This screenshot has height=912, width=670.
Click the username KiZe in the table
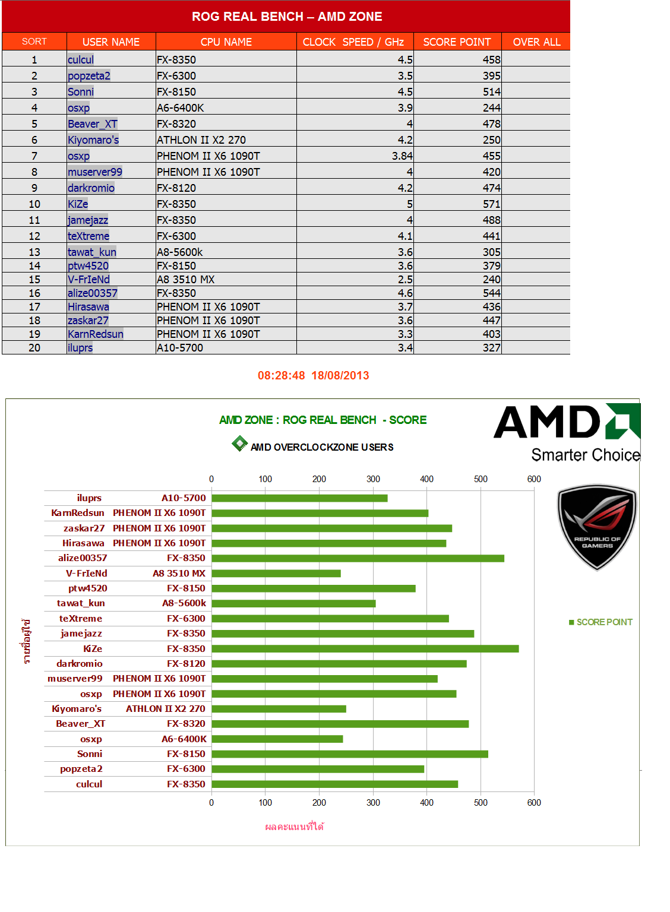point(78,204)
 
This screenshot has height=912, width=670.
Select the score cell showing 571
point(491,204)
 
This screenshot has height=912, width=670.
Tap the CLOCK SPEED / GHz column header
point(353,42)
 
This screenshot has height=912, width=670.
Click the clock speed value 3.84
point(402,156)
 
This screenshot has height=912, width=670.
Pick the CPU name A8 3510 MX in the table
point(185,279)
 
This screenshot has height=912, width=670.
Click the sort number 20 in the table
point(34,347)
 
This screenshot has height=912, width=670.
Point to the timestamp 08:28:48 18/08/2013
point(313,375)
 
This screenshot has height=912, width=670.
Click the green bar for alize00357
point(358,558)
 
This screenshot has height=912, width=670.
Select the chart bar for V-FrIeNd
point(276,574)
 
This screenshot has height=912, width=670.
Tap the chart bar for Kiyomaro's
point(279,709)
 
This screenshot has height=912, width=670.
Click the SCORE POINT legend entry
point(601,622)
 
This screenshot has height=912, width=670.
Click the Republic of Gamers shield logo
point(596,526)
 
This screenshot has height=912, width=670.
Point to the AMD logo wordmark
point(546,422)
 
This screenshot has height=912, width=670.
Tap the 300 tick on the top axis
point(373,479)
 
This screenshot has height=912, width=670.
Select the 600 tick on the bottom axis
point(534,803)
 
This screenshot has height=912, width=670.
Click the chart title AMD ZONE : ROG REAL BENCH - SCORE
point(323,420)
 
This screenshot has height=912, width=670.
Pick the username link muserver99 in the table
point(95,172)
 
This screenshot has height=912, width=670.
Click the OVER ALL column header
point(536,42)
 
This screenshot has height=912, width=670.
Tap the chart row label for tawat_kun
point(81,603)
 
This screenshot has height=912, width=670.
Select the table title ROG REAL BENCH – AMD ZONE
point(286,17)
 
